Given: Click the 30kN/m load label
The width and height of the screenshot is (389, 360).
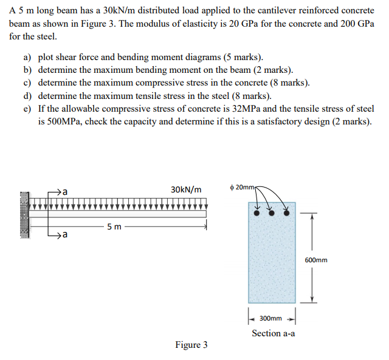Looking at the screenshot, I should tap(186, 189).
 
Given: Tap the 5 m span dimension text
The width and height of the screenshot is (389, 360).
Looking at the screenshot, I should tap(114, 227).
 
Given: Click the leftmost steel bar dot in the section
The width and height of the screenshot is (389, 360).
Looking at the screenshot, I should tap(257, 214).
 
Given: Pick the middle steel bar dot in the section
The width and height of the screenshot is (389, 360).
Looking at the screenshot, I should tap(272, 214).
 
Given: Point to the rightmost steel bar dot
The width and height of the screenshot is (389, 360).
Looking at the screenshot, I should tap(287, 214).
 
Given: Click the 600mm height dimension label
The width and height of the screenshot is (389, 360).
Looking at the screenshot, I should tap(316, 260).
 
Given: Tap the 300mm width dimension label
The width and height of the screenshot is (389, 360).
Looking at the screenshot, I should tap(270, 318).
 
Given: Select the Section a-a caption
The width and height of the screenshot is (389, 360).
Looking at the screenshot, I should tap(274, 333).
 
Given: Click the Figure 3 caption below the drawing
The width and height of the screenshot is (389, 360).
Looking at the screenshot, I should tap(191, 345).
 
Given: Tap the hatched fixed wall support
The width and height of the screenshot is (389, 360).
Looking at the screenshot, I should tap(24, 216).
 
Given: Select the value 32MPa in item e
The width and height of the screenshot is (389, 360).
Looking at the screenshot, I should tap(247, 109).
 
